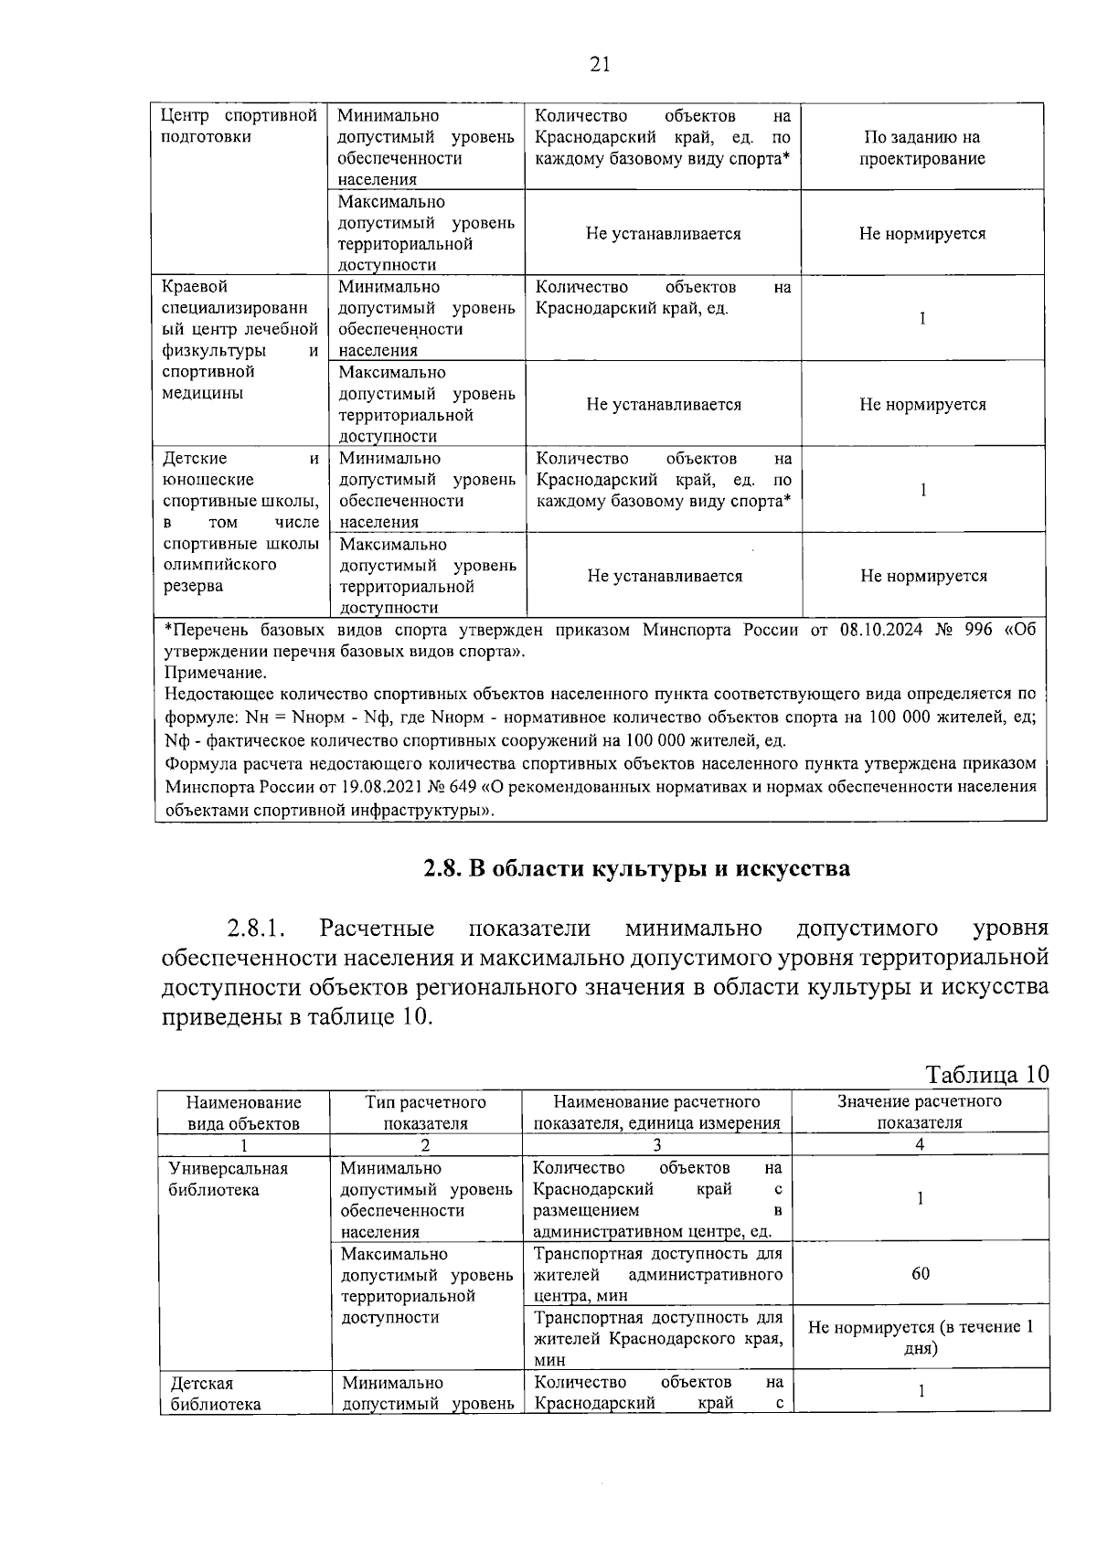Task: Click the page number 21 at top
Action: [600, 63]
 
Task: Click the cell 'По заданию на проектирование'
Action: [921, 148]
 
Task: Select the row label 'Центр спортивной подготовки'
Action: [239, 126]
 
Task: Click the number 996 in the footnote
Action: [977, 631]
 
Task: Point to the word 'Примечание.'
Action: [216, 674]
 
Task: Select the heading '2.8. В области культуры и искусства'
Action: [636, 868]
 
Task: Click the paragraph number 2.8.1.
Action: [257, 930]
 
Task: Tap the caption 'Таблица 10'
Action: [986, 1074]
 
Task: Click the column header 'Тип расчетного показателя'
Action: [425, 1112]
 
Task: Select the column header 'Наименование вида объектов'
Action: [243, 1112]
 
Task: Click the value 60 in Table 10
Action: [921, 1273]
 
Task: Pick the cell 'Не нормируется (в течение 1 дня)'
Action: [921, 1337]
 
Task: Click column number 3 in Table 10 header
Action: [656, 1144]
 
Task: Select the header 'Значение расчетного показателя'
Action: [920, 1112]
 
